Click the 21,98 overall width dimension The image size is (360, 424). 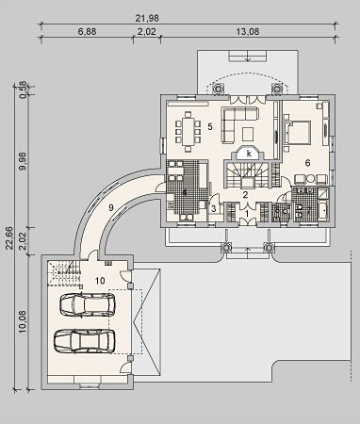[147, 18]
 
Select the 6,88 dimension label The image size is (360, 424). [87, 32]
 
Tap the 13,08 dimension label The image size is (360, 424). [248, 32]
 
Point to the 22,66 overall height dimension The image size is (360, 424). [9, 238]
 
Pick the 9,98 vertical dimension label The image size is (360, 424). [23, 161]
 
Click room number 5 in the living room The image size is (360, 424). [210, 127]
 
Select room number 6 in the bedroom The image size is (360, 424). [307, 163]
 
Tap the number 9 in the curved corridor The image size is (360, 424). [110, 207]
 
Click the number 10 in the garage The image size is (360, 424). [100, 281]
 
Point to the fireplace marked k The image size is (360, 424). [249, 154]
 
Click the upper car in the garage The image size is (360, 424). [88, 304]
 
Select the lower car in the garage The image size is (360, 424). [84, 341]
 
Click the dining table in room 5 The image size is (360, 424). [188, 132]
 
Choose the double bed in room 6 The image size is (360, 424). [299, 132]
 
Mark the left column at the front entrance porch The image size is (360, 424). [226, 248]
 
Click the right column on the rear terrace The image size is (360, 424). [277, 89]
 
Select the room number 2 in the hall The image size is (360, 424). [245, 194]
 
